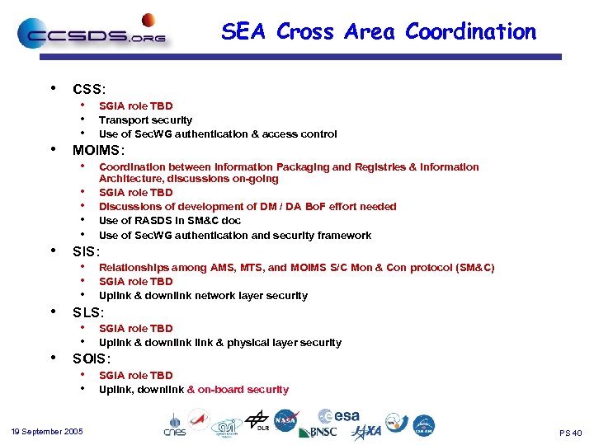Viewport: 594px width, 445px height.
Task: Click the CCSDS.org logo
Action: (x=92, y=34)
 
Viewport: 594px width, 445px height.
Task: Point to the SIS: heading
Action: (x=86, y=251)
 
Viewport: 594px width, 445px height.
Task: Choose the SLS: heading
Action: (x=88, y=312)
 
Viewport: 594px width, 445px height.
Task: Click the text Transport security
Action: (x=145, y=119)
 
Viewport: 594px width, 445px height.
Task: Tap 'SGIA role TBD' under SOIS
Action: (x=135, y=375)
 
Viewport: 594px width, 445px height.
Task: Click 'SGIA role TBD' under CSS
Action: (x=135, y=105)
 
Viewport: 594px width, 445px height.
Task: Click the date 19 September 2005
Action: (x=47, y=432)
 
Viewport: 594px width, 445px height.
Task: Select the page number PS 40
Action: (x=570, y=433)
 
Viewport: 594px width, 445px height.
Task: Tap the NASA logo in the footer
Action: (x=286, y=420)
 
